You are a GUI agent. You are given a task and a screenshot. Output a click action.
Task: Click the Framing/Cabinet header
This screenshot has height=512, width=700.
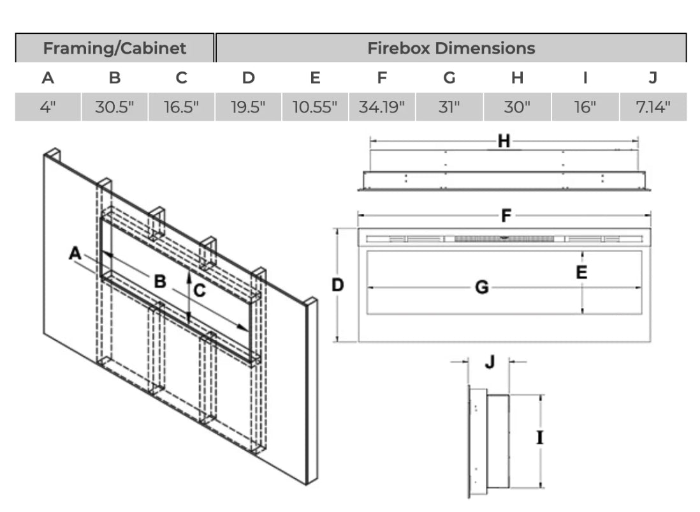tap(115, 48)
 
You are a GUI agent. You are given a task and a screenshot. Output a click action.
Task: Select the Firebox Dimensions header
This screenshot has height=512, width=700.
tap(451, 48)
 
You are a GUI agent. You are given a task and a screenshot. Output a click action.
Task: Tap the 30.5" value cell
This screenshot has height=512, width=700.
tap(115, 107)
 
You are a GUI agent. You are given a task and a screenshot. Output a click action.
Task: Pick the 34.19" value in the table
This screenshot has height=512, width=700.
tap(382, 107)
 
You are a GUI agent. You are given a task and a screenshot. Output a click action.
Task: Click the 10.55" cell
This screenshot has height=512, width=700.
tap(315, 107)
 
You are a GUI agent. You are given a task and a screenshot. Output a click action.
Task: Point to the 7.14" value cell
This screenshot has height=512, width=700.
tap(653, 107)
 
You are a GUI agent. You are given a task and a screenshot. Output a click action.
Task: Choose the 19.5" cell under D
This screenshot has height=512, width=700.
tap(248, 107)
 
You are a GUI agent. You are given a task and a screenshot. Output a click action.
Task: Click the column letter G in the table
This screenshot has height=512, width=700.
tap(449, 78)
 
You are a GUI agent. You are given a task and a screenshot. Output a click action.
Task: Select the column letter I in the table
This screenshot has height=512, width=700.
tap(585, 78)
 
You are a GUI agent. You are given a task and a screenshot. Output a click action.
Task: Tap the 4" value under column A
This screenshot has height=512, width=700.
tap(48, 107)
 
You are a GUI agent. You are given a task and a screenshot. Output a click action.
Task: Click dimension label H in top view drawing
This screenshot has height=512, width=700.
tap(504, 142)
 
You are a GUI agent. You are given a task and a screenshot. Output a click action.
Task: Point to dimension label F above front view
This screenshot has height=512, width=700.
tap(506, 216)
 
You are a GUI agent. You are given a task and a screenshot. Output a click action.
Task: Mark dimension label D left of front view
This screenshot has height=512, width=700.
tap(338, 285)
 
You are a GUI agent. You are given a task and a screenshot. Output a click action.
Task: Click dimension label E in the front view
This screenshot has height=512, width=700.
tap(581, 273)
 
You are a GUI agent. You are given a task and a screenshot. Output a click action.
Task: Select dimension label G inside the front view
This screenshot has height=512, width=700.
tap(482, 288)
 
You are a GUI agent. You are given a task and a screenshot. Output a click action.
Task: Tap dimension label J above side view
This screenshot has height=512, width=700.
tap(489, 362)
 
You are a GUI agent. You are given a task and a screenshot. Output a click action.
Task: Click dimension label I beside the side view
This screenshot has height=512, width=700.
tap(539, 438)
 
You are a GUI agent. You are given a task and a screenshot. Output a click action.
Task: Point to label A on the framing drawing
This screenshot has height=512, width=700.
tap(75, 254)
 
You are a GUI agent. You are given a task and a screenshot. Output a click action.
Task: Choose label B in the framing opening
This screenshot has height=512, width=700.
tap(160, 281)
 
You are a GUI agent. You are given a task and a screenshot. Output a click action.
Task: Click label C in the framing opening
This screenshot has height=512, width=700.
tap(200, 291)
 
